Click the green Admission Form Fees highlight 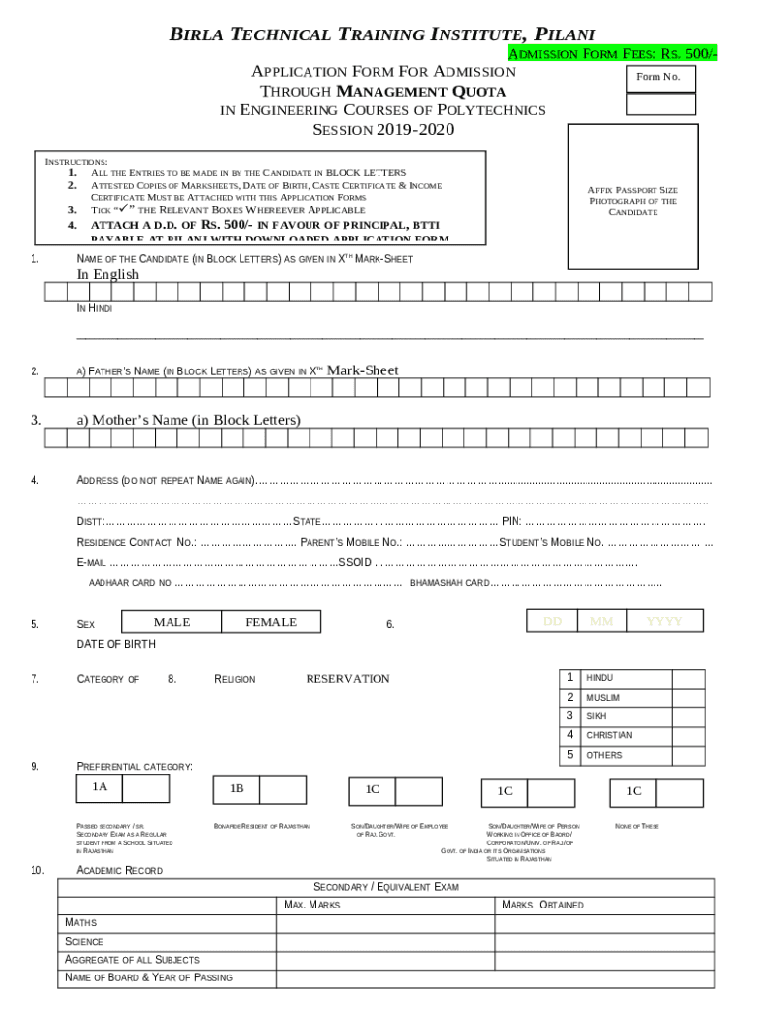tap(611, 54)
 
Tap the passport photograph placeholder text tap(632, 201)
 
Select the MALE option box tap(172, 622)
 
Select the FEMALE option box tap(270, 622)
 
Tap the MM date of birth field tap(601, 621)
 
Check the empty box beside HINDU tap(688, 678)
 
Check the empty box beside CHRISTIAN tap(688, 735)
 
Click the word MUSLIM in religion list tap(603, 698)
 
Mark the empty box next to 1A tap(146, 788)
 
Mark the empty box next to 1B tap(284, 789)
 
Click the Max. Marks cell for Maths tap(385, 923)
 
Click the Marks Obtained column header tap(542, 905)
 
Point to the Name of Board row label tap(149, 977)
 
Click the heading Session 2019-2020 tap(383, 130)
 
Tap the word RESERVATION tap(347, 679)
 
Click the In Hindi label tap(95, 308)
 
